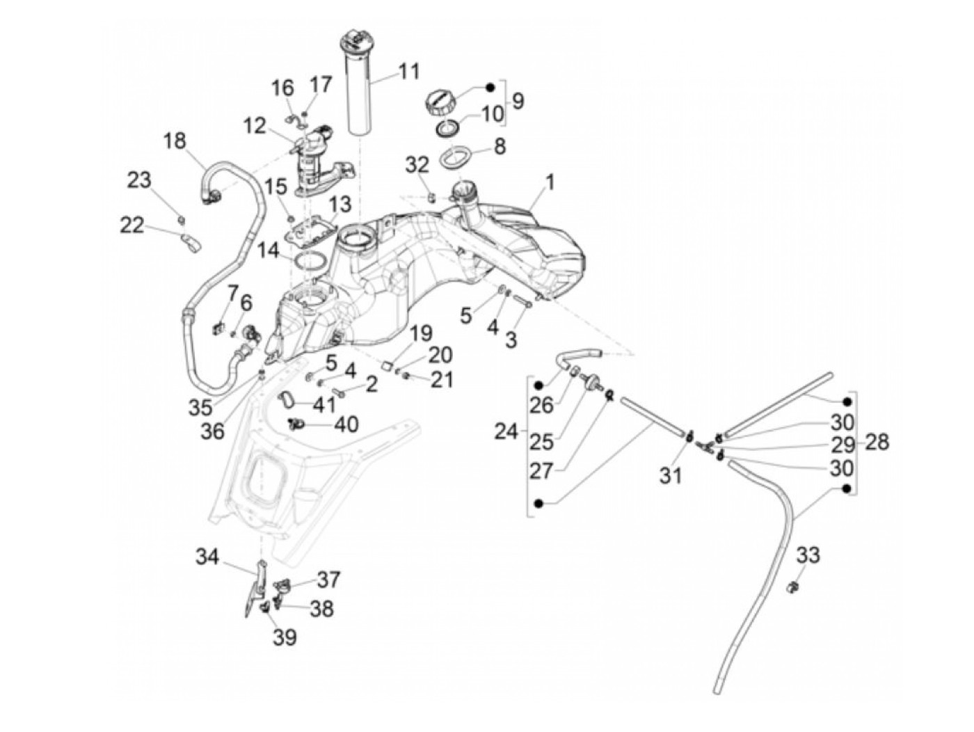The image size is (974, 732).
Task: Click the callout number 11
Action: click(x=409, y=72)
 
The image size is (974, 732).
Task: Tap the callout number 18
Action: click(x=175, y=141)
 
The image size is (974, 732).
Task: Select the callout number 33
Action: click(x=808, y=555)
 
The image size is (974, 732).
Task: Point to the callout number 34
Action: click(x=207, y=557)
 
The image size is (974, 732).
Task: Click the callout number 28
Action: click(x=877, y=442)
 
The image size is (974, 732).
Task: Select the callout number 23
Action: click(x=139, y=180)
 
